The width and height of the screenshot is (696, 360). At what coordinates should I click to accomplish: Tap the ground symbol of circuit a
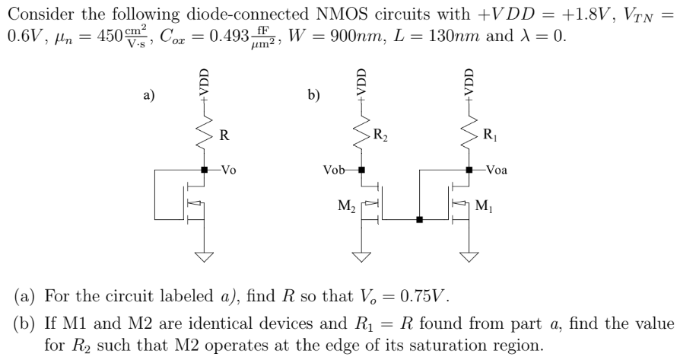(204, 256)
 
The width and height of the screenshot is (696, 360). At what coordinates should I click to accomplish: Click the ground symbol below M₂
(362, 256)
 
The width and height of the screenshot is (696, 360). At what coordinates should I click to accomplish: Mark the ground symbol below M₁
(469, 256)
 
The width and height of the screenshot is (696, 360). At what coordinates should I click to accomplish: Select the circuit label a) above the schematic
(149, 95)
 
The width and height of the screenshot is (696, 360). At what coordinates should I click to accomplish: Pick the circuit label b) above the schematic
(313, 95)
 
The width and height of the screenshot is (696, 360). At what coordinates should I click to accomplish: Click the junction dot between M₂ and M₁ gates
(419, 221)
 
